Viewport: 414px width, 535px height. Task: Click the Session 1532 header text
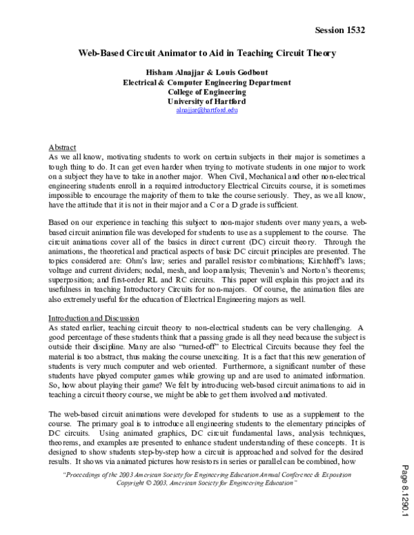(x=339, y=30)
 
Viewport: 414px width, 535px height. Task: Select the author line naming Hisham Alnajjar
(x=206, y=72)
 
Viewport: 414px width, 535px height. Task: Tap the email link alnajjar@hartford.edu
(x=206, y=110)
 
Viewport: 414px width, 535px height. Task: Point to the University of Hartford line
(x=206, y=101)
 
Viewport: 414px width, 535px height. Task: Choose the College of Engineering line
(x=206, y=91)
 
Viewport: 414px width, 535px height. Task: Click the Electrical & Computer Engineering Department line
(x=206, y=81)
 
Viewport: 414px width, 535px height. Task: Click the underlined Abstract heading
(x=63, y=148)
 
